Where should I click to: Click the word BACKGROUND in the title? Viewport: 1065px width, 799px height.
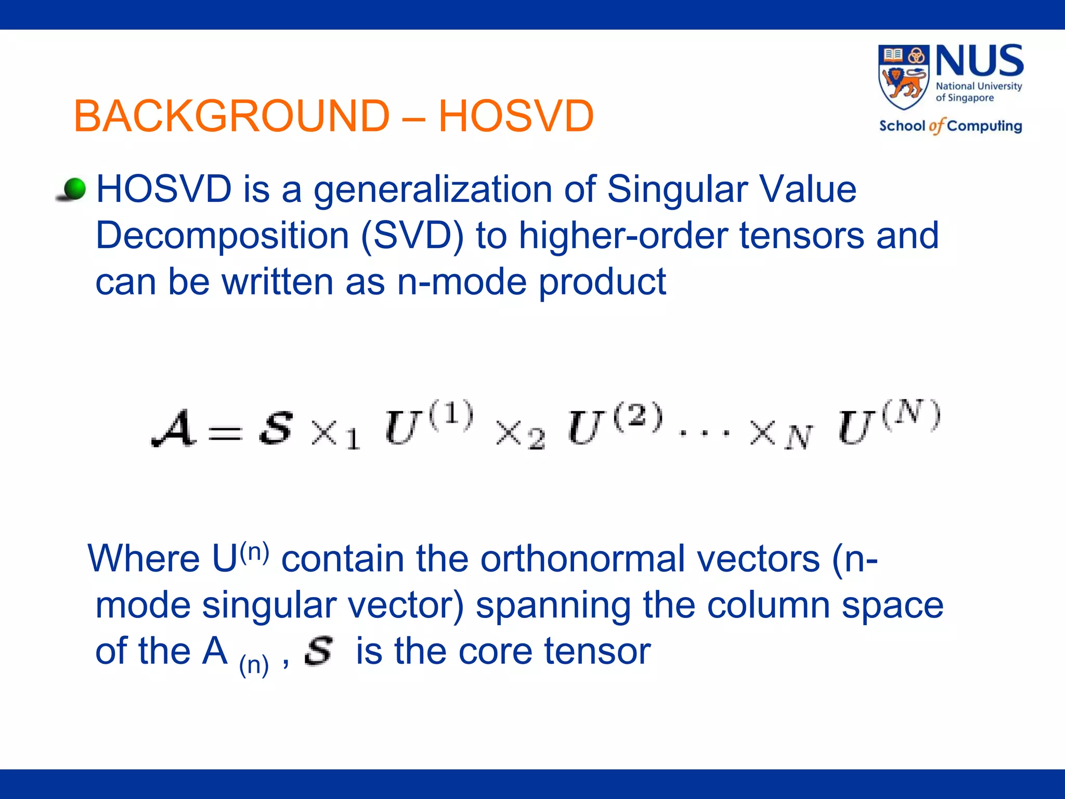[232, 116]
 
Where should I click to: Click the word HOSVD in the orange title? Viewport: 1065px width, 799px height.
[516, 116]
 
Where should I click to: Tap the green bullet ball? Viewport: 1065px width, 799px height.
[74, 189]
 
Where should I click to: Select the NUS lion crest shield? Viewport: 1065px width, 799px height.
[904, 76]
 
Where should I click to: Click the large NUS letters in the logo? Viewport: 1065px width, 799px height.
[980, 61]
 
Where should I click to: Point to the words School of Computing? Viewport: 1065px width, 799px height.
[950, 126]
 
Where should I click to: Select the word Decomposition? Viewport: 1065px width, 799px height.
[222, 236]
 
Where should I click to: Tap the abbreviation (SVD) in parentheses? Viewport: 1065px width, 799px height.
[412, 236]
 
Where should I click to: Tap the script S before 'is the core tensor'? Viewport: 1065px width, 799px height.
[318, 651]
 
